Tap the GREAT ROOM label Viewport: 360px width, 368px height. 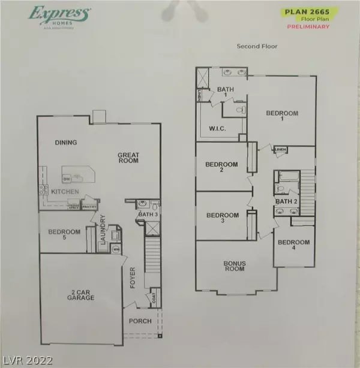(x=128, y=158)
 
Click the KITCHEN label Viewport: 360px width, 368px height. (x=65, y=192)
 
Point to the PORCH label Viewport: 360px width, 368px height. (x=137, y=321)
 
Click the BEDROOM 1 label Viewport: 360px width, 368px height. (x=282, y=116)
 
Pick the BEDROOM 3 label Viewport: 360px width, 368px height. (x=222, y=218)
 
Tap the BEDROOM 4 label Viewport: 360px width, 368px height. (x=293, y=245)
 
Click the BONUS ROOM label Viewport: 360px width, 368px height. (x=234, y=266)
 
